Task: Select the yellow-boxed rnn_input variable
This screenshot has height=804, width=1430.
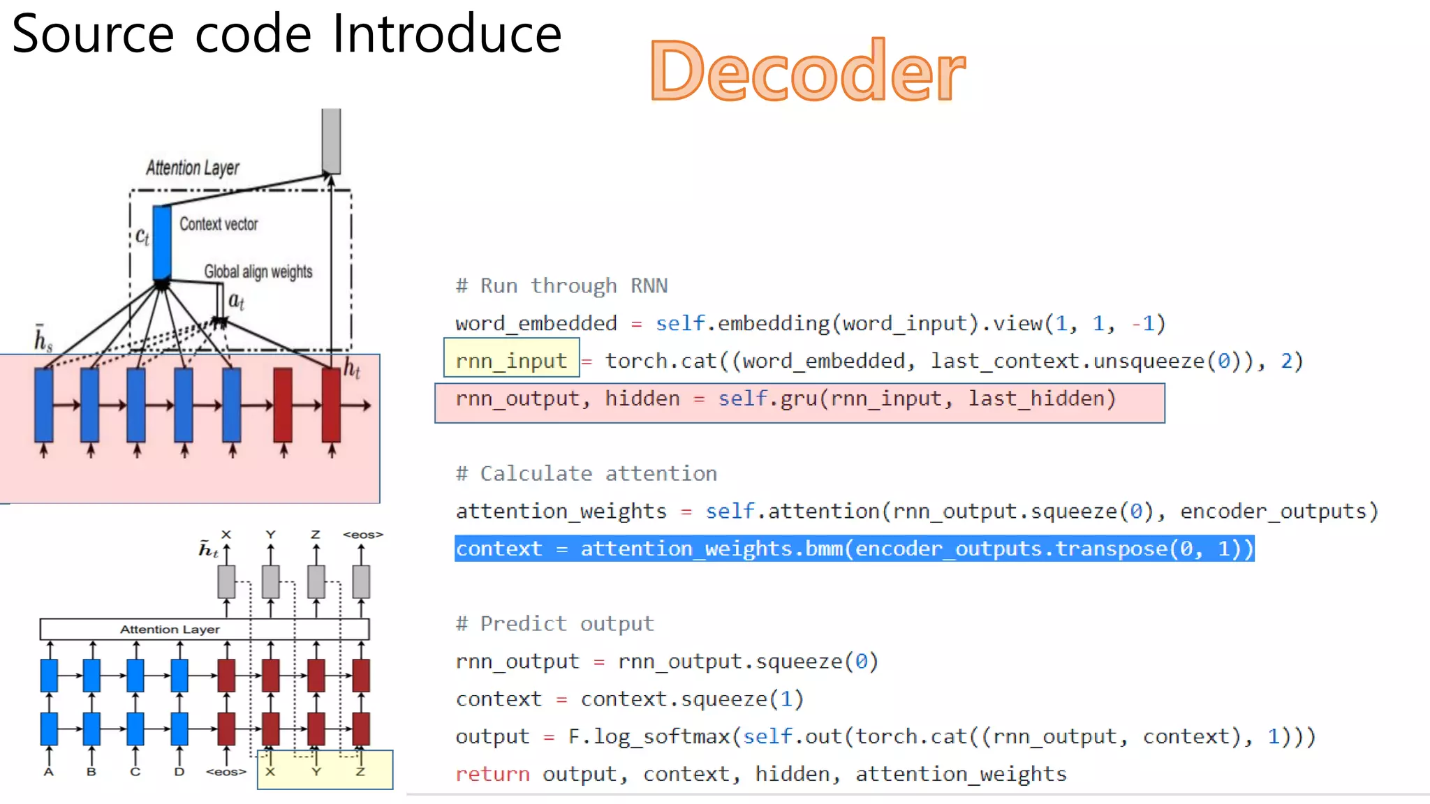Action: coord(511,361)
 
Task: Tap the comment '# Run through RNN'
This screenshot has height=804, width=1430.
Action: coord(561,285)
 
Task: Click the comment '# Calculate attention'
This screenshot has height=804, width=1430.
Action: coord(586,473)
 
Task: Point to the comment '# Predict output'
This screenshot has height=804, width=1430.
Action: coord(554,623)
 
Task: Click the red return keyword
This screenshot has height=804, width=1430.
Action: coord(492,773)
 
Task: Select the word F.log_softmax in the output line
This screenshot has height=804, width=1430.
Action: coord(649,736)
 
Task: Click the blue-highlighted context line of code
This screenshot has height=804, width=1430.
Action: coord(854,549)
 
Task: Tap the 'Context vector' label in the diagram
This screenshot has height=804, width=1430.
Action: coord(219,224)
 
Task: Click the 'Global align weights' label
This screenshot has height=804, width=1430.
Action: coord(258,271)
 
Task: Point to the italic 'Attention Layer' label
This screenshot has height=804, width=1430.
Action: coord(192,168)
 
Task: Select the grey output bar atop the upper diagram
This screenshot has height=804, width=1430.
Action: coord(331,140)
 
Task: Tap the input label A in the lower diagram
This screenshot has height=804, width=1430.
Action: coord(48,772)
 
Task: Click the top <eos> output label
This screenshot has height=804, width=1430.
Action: coord(362,535)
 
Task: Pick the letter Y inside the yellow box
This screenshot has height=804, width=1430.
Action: coord(316,772)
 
